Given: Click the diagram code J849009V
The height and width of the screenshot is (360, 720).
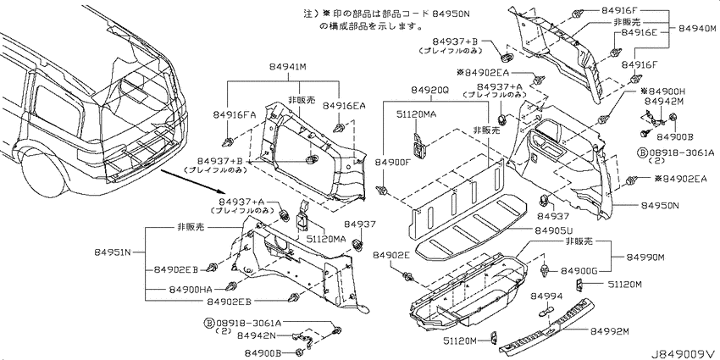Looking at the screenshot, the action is click(684, 353).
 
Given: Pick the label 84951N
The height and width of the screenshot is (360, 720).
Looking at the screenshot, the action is click(113, 252).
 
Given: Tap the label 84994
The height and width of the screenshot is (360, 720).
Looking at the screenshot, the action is click(547, 296).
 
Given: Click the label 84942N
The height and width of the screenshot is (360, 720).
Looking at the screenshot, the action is click(256, 335).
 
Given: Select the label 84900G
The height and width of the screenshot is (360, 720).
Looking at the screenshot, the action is click(577, 272).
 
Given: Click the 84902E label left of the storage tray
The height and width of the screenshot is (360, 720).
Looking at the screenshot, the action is click(390, 255).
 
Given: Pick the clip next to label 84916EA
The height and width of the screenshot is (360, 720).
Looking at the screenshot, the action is click(341, 127).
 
